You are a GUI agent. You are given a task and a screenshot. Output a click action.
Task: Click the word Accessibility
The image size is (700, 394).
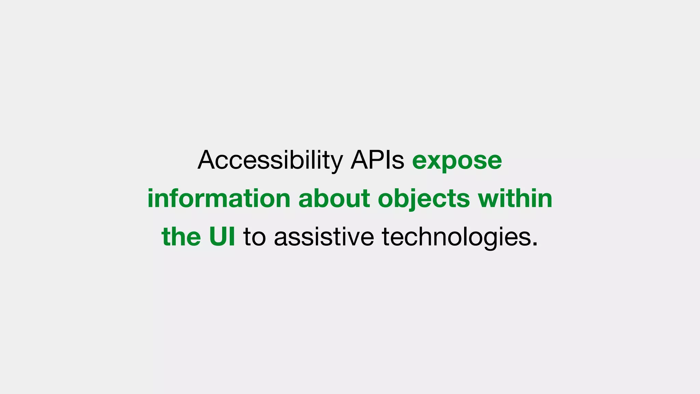click(270, 160)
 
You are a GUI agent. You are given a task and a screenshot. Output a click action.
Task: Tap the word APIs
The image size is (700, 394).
click(377, 160)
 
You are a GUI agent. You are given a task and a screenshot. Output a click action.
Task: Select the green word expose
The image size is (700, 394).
click(457, 160)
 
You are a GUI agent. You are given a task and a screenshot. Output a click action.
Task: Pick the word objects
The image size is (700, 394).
click(424, 199)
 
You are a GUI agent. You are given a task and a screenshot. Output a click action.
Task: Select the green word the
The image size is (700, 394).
click(181, 237)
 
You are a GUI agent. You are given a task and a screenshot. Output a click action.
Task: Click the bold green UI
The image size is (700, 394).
click(222, 237)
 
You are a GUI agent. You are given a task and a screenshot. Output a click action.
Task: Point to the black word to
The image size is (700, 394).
click(254, 237)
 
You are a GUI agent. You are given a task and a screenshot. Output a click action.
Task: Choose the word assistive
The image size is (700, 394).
click(324, 237)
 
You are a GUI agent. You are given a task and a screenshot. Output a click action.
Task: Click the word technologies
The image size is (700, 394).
click(456, 237)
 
